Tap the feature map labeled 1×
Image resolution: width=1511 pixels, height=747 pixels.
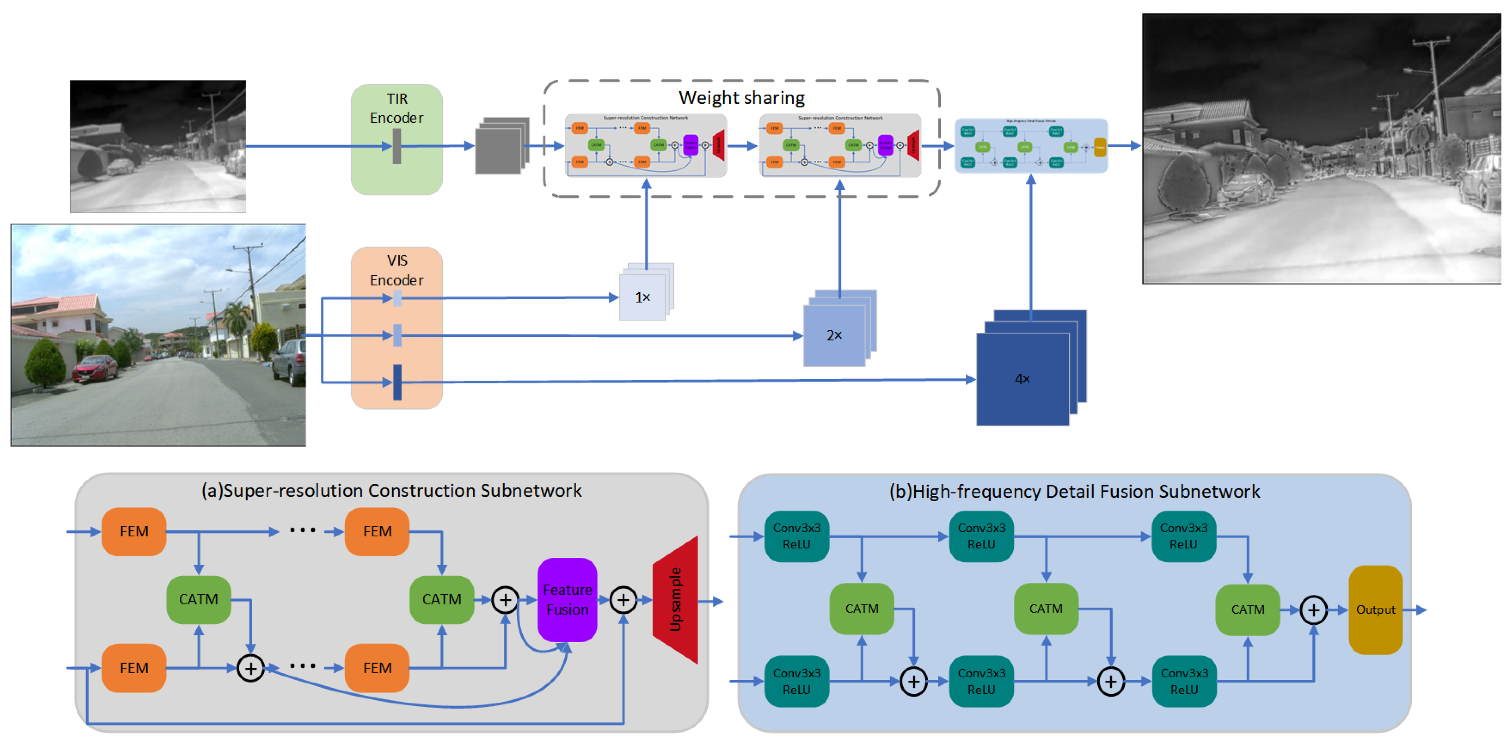(x=642, y=297)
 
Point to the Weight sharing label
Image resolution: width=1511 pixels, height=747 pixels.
(x=741, y=97)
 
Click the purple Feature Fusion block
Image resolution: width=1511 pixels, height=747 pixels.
(x=567, y=599)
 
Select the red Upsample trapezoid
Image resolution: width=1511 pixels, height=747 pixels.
(x=676, y=599)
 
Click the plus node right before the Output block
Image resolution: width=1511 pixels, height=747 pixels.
(x=1313, y=610)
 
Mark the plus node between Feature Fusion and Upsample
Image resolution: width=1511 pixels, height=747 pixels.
(x=623, y=599)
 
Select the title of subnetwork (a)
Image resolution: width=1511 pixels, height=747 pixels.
(x=391, y=490)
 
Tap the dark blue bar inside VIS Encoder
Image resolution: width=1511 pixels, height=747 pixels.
(x=397, y=382)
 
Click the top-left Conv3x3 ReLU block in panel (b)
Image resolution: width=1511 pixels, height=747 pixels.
(x=796, y=536)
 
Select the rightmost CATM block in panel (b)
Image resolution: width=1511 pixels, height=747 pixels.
(x=1247, y=610)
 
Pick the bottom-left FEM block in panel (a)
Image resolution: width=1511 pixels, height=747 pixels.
(x=134, y=668)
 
